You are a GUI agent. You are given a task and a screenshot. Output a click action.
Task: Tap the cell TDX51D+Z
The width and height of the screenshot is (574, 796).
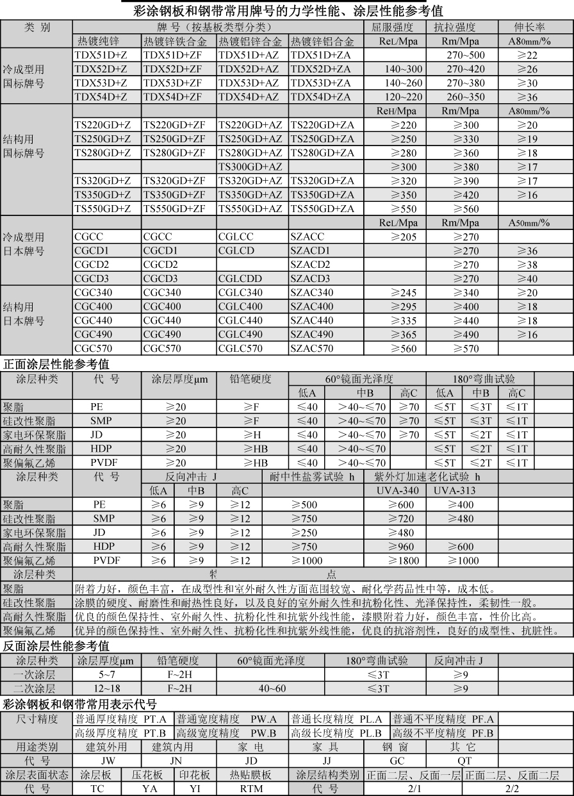click(101, 55)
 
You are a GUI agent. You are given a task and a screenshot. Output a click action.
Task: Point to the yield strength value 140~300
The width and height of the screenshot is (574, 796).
click(404, 69)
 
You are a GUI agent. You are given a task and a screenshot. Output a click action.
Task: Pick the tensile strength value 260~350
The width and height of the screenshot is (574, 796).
click(466, 97)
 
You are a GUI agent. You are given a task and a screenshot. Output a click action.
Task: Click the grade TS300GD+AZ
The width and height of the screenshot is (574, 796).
click(250, 167)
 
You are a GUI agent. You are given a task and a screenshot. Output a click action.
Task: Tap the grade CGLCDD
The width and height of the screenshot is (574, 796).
click(240, 279)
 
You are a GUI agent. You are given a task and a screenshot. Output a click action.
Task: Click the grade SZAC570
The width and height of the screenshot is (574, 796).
click(311, 349)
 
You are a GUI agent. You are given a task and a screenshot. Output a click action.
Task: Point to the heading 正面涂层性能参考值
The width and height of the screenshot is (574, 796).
click(56, 364)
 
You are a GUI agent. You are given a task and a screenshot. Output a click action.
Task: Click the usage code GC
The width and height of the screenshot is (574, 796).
click(398, 761)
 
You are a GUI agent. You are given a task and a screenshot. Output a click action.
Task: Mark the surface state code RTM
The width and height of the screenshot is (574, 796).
click(252, 789)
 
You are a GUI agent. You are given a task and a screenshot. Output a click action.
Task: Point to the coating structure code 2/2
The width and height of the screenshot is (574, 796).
click(512, 789)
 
